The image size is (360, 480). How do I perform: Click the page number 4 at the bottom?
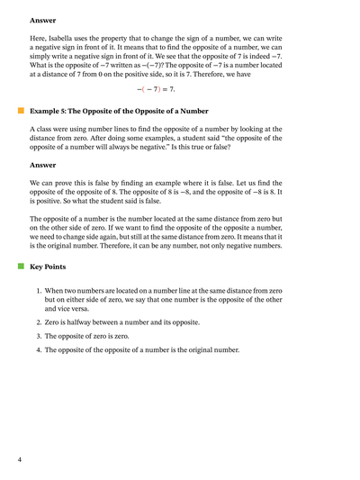pos(20,460)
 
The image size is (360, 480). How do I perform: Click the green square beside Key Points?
pos(20,267)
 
